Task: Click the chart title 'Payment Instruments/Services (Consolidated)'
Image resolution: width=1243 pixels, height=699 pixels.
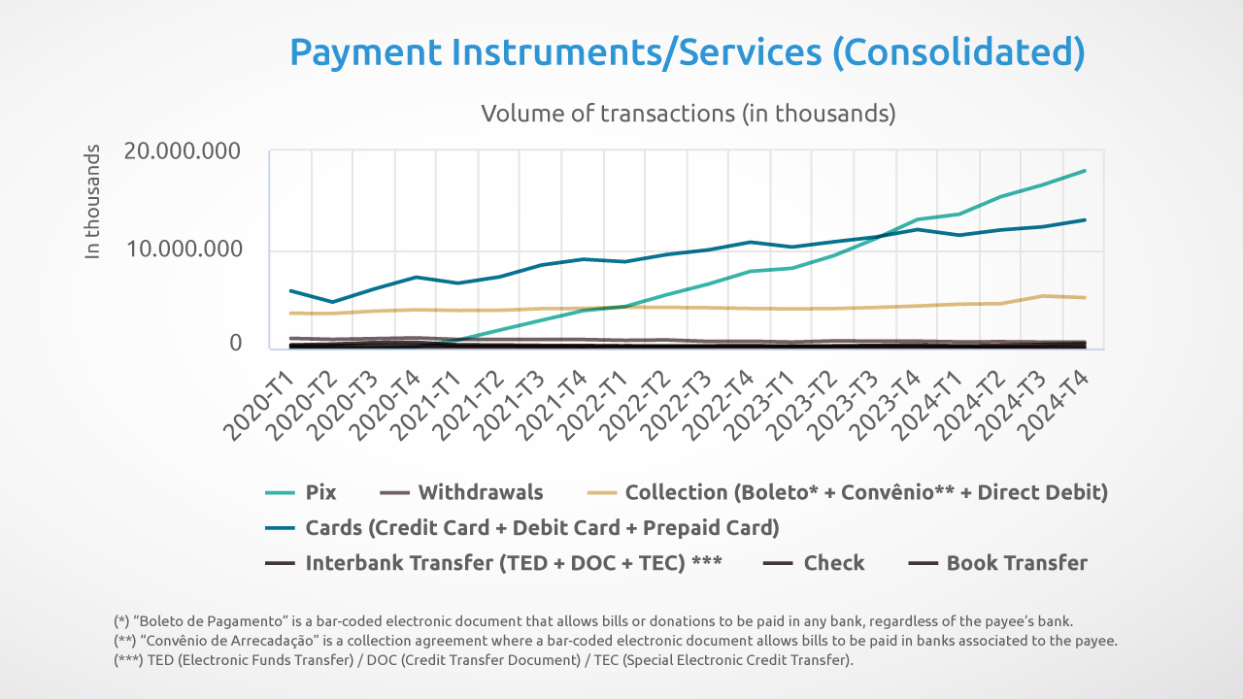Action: [x=687, y=51]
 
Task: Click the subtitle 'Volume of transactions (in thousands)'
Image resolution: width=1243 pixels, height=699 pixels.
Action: [x=688, y=113]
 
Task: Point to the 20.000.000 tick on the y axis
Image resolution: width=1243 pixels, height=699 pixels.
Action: [x=183, y=151]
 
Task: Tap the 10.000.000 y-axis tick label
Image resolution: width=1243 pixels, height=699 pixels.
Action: [x=183, y=249]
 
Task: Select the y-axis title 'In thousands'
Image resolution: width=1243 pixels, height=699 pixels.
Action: [x=93, y=202]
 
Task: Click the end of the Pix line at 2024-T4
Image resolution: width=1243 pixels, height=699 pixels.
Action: [x=1085, y=171]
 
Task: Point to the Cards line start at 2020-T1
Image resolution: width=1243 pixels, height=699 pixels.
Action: [x=290, y=290]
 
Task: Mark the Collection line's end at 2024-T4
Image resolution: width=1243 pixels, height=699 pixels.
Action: [x=1085, y=298]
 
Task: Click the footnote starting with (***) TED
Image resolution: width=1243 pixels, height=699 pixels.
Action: [x=484, y=660]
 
